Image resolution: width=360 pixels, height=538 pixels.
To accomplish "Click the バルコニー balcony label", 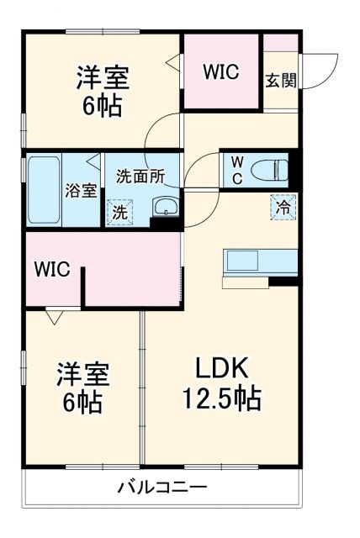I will (162, 488).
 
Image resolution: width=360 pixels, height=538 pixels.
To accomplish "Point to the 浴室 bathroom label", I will (82, 189).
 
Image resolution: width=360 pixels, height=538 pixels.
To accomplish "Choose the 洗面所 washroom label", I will (140, 177).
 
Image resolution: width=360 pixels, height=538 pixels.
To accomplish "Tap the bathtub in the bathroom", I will (42, 189).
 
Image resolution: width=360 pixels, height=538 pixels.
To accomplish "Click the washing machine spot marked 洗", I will (120, 212).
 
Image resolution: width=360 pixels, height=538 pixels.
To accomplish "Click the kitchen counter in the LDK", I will (259, 261).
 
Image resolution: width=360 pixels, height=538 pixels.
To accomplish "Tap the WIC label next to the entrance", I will (221, 72).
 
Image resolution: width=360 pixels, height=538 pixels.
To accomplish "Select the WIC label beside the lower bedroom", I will (50, 270).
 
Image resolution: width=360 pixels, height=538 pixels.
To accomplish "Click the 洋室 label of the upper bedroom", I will (103, 78).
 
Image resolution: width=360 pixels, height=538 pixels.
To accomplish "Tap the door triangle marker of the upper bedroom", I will (172, 62).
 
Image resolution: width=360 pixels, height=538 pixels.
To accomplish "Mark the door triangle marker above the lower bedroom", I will (56, 317).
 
